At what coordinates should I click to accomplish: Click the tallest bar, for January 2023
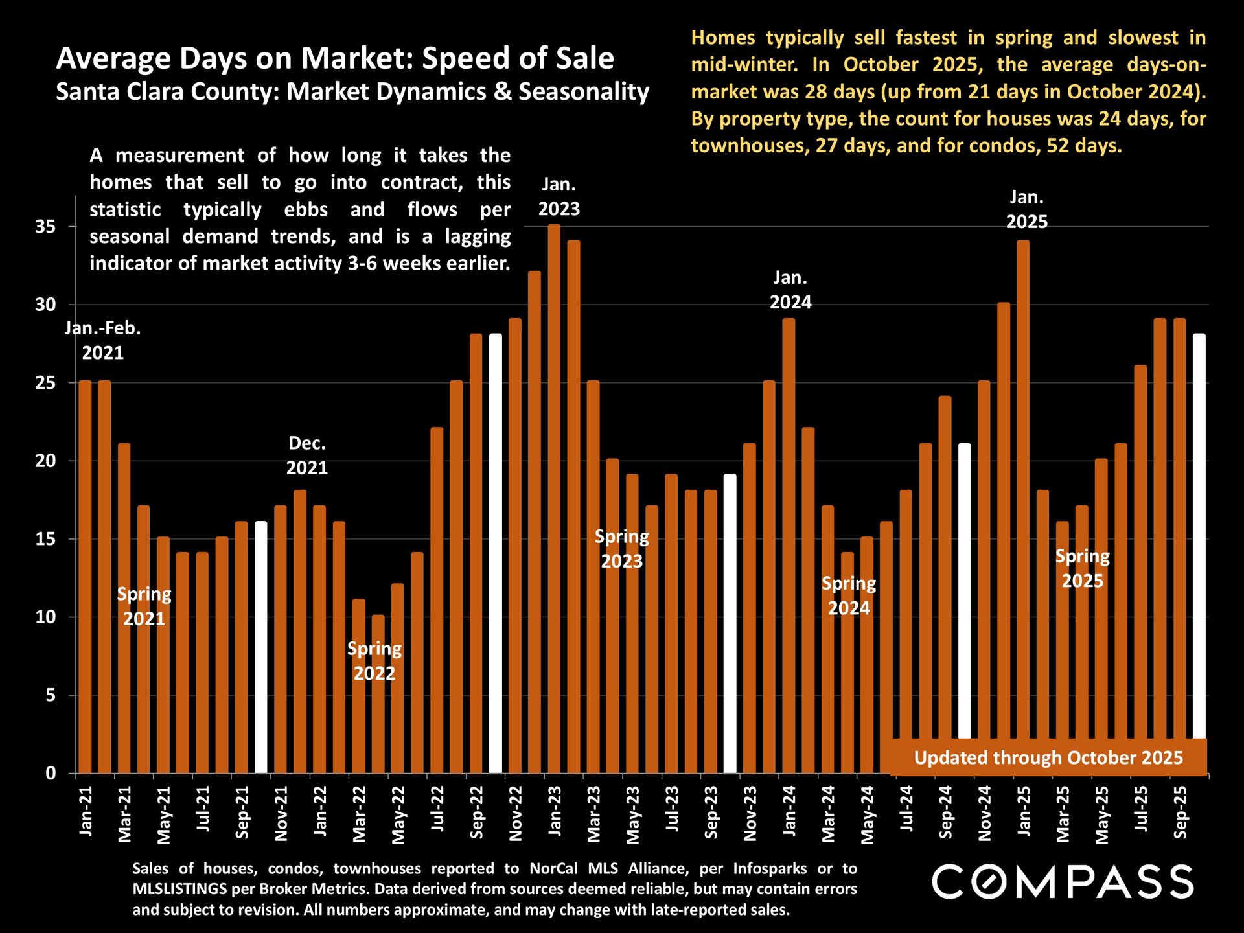coord(554,499)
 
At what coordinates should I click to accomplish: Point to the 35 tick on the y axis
coord(46,227)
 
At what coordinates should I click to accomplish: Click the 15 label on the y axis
coord(46,539)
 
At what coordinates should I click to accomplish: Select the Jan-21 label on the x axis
coord(86,811)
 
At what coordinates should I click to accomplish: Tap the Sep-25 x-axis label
coord(1181,812)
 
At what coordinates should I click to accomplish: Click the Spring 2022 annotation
coord(374,661)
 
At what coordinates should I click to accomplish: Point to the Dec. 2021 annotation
coord(307,455)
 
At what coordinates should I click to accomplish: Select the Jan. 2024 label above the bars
coord(790,290)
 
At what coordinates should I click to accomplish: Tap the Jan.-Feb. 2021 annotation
coord(103,340)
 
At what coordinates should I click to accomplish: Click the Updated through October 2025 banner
coord(1048,757)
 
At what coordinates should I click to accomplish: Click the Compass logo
coord(1063,882)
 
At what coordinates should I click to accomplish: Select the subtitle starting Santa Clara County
coord(352,91)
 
